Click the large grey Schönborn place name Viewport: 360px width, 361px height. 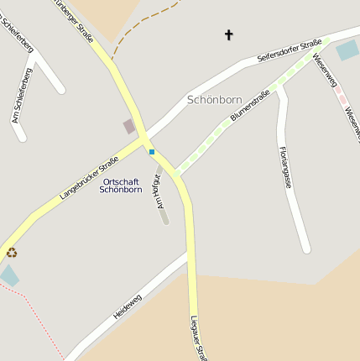tap(215, 99)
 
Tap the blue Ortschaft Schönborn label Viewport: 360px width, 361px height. tap(121, 186)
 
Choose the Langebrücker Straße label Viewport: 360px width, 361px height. tap(89, 178)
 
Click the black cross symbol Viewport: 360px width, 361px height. tap(228, 34)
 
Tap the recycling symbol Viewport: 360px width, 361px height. tap(12, 251)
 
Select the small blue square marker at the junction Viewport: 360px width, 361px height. tap(152, 152)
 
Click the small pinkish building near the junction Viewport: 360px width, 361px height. tap(128, 127)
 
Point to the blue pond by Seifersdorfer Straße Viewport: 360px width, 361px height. tap(347, 50)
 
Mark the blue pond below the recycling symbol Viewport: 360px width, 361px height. tap(9, 275)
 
